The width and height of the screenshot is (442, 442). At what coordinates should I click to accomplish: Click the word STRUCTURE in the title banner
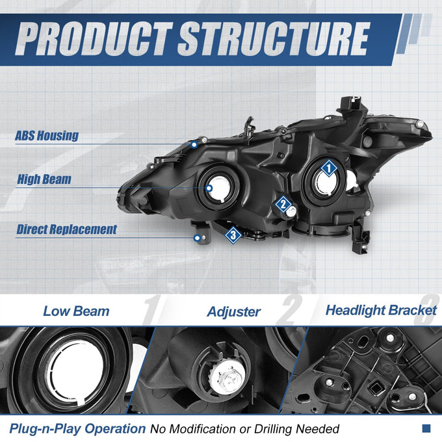(274, 38)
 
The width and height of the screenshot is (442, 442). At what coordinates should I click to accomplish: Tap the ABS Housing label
(47, 136)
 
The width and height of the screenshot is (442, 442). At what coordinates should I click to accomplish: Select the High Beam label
(44, 179)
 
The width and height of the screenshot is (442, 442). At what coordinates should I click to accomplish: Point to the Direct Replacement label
(67, 229)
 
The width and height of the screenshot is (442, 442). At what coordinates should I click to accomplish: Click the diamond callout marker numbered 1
(329, 168)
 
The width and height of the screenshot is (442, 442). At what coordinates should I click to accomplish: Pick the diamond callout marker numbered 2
(283, 204)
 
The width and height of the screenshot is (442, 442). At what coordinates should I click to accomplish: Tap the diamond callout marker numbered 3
(233, 235)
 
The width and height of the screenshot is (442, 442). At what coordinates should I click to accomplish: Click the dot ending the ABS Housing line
(194, 145)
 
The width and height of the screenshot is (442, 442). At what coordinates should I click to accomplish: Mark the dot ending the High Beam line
(209, 188)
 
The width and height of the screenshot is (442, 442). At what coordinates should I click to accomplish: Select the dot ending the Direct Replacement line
(198, 238)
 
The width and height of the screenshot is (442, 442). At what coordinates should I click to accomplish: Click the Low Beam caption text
(76, 311)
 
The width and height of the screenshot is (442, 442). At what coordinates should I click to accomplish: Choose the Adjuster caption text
(234, 312)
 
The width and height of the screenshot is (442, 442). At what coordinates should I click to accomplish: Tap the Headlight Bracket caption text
(381, 310)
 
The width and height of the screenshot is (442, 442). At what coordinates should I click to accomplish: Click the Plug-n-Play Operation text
(77, 429)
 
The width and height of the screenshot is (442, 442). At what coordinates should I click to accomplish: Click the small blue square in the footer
(426, 428)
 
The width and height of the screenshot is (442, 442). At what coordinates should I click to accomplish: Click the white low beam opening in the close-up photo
(76, 372)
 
